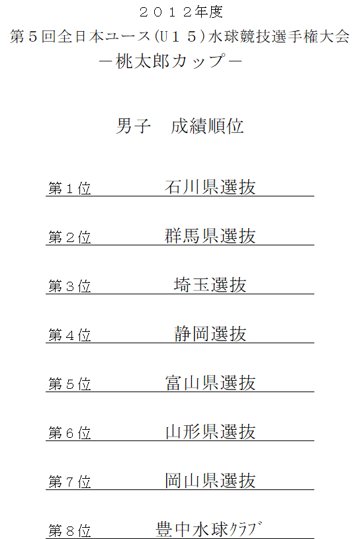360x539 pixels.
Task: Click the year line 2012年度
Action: click(181, 13)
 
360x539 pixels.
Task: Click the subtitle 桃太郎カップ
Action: click(171, 62)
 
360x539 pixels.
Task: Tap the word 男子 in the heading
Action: click(133, 126)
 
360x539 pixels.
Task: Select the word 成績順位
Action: click(207, 126)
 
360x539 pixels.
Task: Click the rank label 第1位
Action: click(69, 188)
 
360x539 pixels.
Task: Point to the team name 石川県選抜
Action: click(210, 187)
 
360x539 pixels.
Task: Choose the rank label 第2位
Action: click(69, 237)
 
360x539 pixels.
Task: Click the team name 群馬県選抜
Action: click(210, 236)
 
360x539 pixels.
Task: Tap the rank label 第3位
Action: click(69, 286)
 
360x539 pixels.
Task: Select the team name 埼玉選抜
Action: click(210, 285)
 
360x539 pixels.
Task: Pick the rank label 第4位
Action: click(69, 335)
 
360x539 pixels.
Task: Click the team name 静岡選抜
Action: click(210, 334)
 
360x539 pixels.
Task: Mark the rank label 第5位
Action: click(69, 384)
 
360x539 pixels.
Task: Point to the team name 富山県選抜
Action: click(210, 383)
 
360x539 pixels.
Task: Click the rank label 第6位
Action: click(69, 433)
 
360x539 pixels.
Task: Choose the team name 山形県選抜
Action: click(210, 431)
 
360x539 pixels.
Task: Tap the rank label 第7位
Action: click(69, 481)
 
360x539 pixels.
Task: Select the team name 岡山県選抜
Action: click(210, 480)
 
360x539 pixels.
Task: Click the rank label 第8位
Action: click(69, 530)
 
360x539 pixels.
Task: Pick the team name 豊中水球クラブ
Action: click(209, 529)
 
